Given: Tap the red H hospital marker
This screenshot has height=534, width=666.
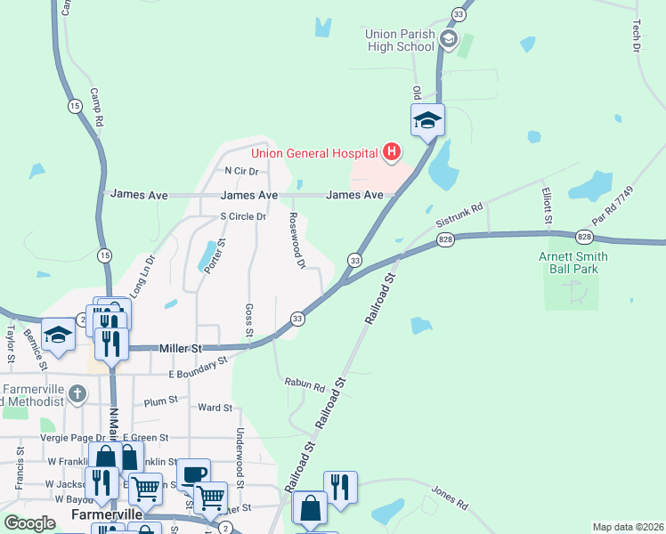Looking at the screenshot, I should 391,153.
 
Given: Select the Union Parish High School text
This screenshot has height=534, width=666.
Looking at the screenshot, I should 400,40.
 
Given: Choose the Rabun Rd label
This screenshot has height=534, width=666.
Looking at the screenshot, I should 305,384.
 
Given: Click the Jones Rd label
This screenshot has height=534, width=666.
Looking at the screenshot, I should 450,496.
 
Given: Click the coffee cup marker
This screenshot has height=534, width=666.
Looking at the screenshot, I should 193,475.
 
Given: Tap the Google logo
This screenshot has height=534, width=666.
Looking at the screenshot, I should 29,523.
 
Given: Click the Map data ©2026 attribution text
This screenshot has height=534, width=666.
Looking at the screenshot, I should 627,527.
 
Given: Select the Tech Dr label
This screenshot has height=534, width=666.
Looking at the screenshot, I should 636,36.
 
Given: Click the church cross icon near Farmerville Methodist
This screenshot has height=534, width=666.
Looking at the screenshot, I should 77,392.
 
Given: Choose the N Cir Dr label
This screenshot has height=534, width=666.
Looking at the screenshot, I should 240,171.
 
